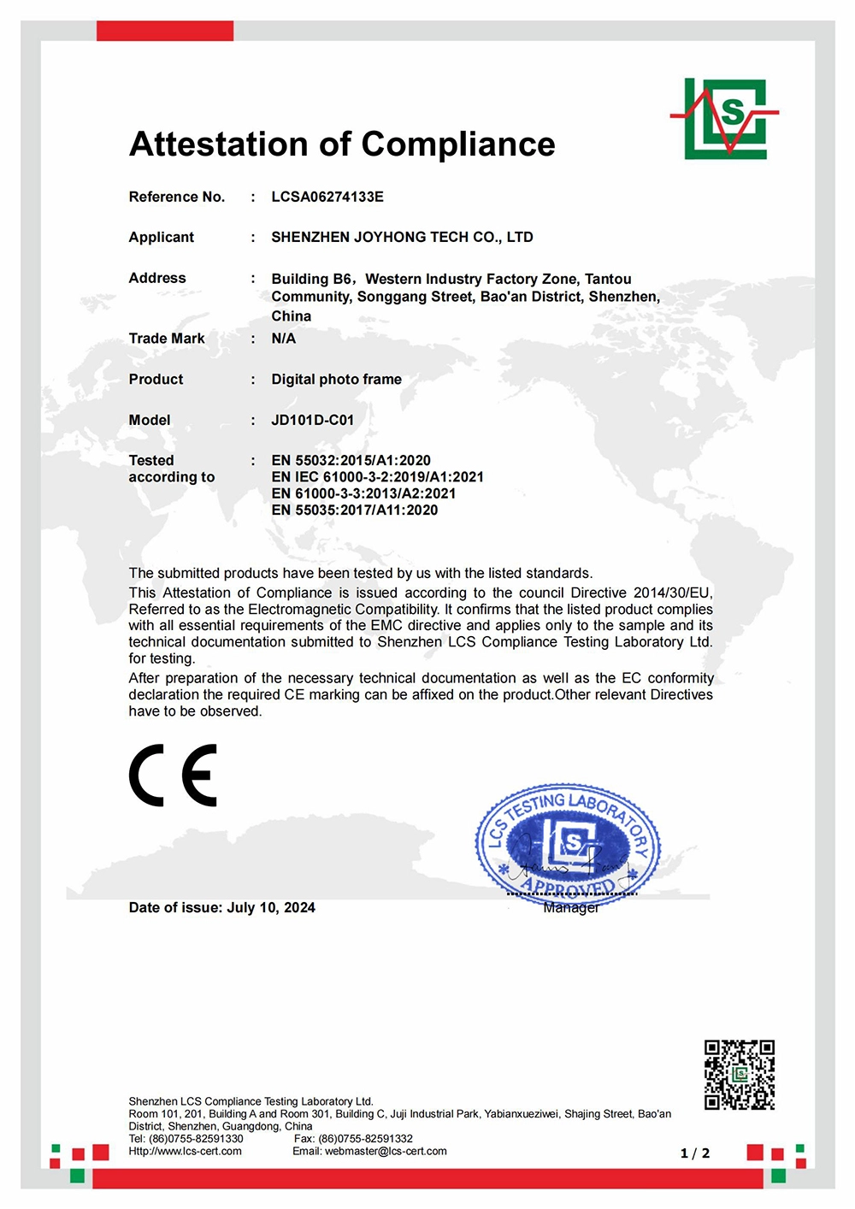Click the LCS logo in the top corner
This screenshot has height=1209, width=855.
point(725,119)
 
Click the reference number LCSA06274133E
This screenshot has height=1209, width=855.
point(327,197)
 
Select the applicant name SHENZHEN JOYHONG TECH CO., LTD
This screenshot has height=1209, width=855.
point(402,237)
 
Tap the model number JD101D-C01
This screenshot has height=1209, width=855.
point(312,420)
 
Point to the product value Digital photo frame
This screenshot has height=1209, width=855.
point(336,379)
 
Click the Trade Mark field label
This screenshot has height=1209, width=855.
point(167,339)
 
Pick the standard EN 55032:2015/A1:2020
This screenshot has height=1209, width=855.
point(351,460)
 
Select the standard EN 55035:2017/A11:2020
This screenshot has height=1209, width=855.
point(354,510)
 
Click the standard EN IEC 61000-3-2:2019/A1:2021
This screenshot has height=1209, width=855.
point(377,477)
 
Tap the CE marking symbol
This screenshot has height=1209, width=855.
point(174,776)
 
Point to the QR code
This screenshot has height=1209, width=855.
point(739,1075)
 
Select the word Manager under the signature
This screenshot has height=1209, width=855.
point(571,908)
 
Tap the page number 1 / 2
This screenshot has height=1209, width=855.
point(695,1153)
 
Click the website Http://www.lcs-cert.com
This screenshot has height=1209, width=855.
point(185,1151)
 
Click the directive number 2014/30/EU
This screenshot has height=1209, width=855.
point(672,593)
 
